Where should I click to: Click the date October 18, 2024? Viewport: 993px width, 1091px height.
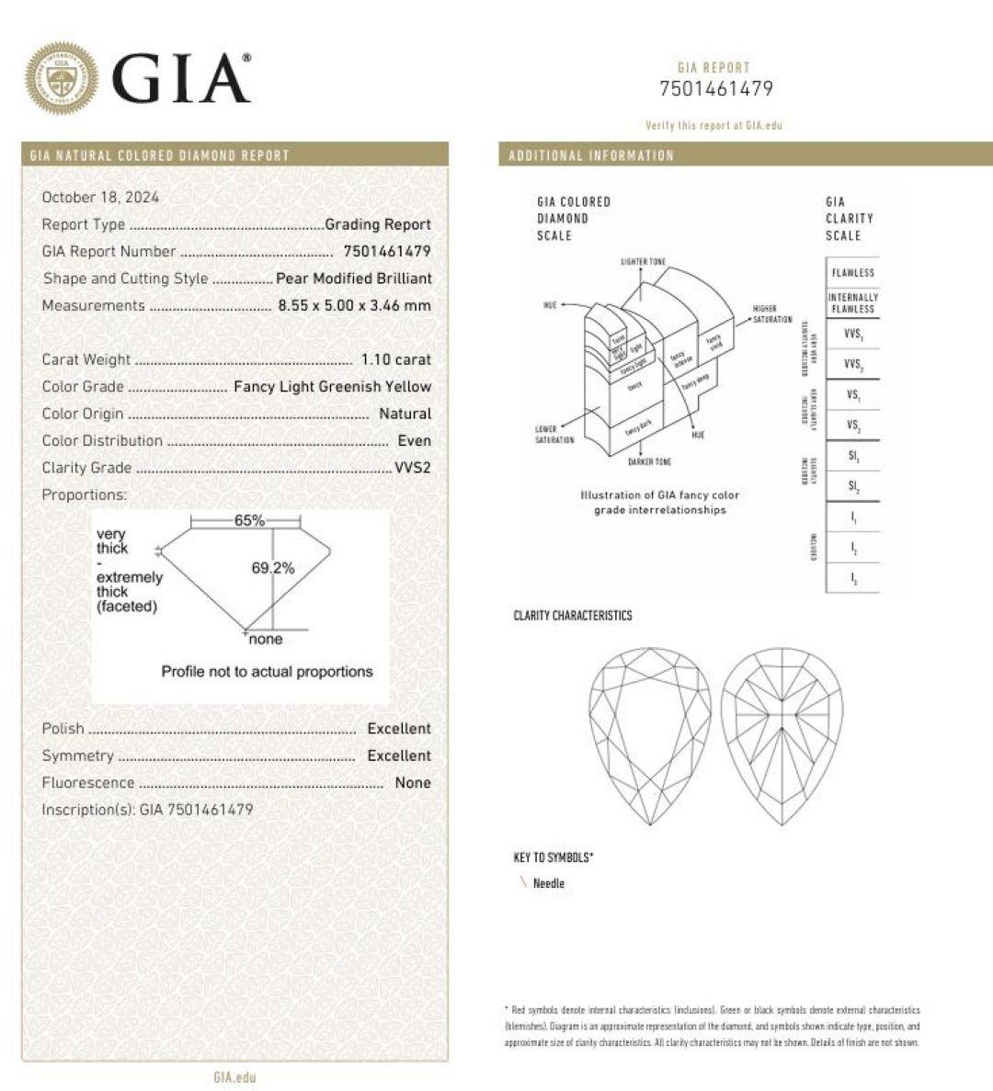click(x=100, y=197)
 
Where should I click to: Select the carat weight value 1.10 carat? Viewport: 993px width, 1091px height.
click(x=396, y=359)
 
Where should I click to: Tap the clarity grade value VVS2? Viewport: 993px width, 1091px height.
click(x=413, y=467)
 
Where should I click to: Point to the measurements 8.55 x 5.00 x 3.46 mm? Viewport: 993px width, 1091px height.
click(x=355, y=305)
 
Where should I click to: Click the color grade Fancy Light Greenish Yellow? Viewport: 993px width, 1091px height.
click(x=332, y=386)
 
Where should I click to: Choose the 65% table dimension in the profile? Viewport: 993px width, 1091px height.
click(x=249, y=520)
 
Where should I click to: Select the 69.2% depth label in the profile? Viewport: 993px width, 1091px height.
click(x=273, y=568)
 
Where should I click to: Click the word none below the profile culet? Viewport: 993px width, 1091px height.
click(x=266, y=640)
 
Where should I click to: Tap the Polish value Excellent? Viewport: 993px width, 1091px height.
click(x=399, y=728)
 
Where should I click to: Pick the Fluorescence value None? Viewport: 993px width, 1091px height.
click(x=413, y=782)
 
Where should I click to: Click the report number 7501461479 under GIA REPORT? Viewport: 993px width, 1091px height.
click(x=716, y=89)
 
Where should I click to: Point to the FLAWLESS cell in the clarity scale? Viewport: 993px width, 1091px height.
click(x=853, y=273)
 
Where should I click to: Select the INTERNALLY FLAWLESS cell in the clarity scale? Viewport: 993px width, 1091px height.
click(x=853, y=303)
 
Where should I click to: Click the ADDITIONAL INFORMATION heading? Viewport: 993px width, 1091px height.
click(x=591, y=155)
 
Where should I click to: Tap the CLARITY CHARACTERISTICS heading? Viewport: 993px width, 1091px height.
click(x=573, y=616)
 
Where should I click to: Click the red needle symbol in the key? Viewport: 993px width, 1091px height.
click(x=523, y=883)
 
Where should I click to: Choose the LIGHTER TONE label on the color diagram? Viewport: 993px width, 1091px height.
click(x=644, y=262)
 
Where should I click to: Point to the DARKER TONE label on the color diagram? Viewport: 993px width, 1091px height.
click(x=649, y=461)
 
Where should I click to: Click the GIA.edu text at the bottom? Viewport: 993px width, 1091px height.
click(x=234, y=1077)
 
